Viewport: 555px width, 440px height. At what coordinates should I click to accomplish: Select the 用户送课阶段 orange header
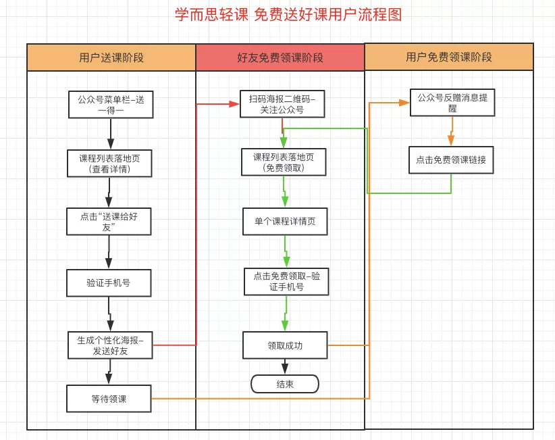point(111,57)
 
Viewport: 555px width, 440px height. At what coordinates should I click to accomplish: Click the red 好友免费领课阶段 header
point(280,57)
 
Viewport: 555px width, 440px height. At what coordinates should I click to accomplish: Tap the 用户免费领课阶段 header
point(449,57)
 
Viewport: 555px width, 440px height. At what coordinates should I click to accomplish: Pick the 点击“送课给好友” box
point(108,221)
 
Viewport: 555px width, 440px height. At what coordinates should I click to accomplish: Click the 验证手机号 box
point(108,283)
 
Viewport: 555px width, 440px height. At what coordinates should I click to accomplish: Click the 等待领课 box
point(108,399)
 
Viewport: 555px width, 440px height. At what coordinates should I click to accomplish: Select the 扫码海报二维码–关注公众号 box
point(282,104)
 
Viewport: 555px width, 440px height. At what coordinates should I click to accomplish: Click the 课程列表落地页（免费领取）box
point(284,162)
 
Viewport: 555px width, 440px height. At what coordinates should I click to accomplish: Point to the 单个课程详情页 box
point(285,222)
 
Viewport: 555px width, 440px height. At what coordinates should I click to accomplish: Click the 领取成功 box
point(285,345)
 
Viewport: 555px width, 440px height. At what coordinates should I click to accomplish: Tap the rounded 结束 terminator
point(285,384)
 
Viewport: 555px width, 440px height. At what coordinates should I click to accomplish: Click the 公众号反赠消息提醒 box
point(452,102)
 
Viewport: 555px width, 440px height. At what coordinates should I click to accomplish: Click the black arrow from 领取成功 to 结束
point(285,366)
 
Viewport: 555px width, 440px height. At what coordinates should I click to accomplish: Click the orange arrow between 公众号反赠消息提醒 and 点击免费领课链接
point(451,131)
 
